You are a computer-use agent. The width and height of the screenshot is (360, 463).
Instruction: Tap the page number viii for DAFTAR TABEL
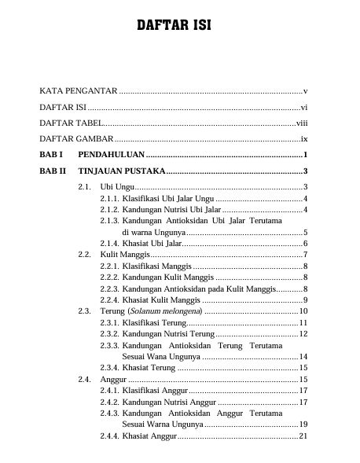[301, 123]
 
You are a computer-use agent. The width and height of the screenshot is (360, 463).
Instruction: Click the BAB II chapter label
[52, 171]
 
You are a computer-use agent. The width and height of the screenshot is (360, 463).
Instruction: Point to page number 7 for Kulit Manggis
[304, 255]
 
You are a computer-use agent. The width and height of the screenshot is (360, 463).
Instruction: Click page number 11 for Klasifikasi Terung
[303, 323]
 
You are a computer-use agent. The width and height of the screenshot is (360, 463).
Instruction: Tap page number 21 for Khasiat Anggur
[303, 436]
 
